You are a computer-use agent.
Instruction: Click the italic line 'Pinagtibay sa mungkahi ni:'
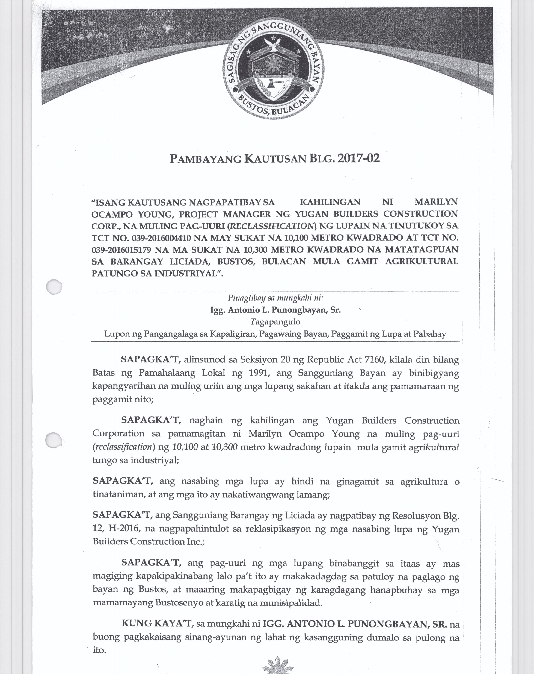click(275, 298)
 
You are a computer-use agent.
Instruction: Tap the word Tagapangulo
click(275, 322)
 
